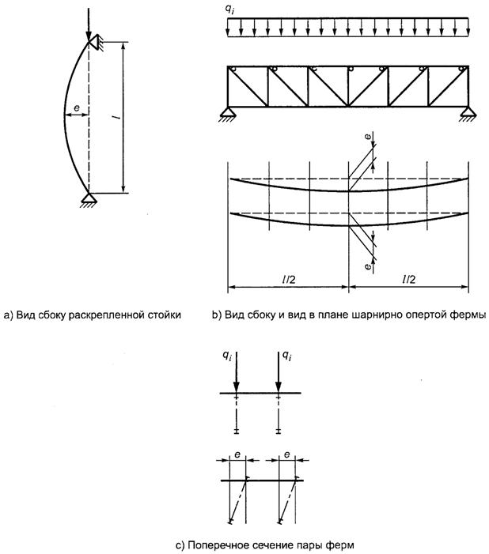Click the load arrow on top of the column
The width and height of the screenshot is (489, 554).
click(88, 20)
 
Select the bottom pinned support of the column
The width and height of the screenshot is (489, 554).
click(88, 198)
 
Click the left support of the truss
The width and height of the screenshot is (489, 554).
click(227, 113)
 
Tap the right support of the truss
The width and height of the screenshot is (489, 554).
click(467, 113)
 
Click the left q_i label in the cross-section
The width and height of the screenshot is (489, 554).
click(227, 357)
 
